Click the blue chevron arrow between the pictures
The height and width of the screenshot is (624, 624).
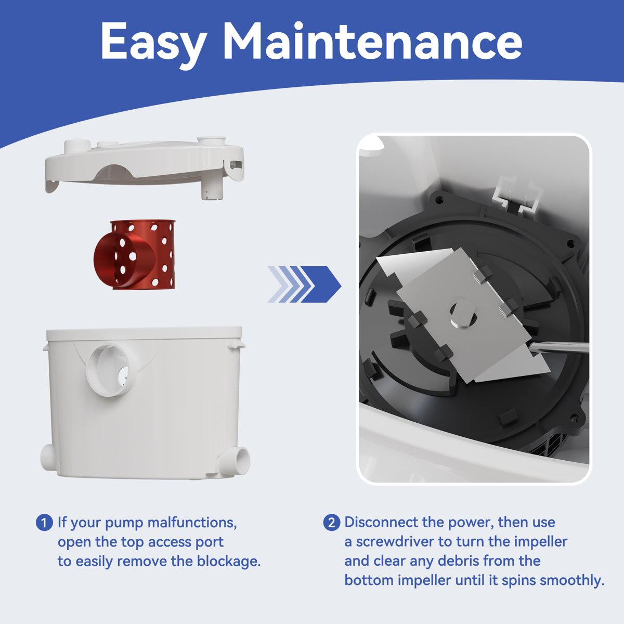[x=305, y=284]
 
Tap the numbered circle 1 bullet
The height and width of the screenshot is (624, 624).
[x=44, y=523]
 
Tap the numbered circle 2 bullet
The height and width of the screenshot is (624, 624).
[x=331, y=523]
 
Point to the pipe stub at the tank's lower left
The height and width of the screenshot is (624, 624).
[x=48, y=457]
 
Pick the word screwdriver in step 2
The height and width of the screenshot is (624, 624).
[x=396, y=541]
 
